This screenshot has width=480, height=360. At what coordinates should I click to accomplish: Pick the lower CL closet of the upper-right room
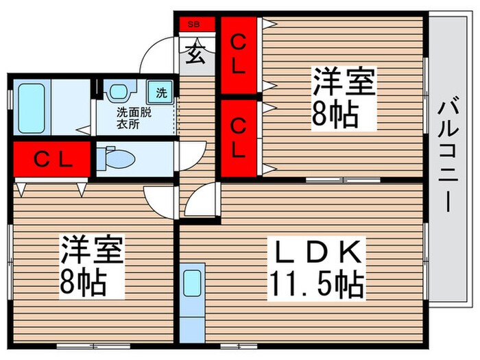tap(238, 136)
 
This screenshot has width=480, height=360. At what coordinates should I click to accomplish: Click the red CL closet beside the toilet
tap(51, 160)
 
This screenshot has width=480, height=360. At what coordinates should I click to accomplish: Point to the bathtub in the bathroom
tap(31, 108)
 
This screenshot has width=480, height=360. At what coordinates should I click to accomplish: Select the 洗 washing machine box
tap(163, 92)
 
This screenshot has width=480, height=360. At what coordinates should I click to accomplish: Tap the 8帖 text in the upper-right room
tap(335, 115)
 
